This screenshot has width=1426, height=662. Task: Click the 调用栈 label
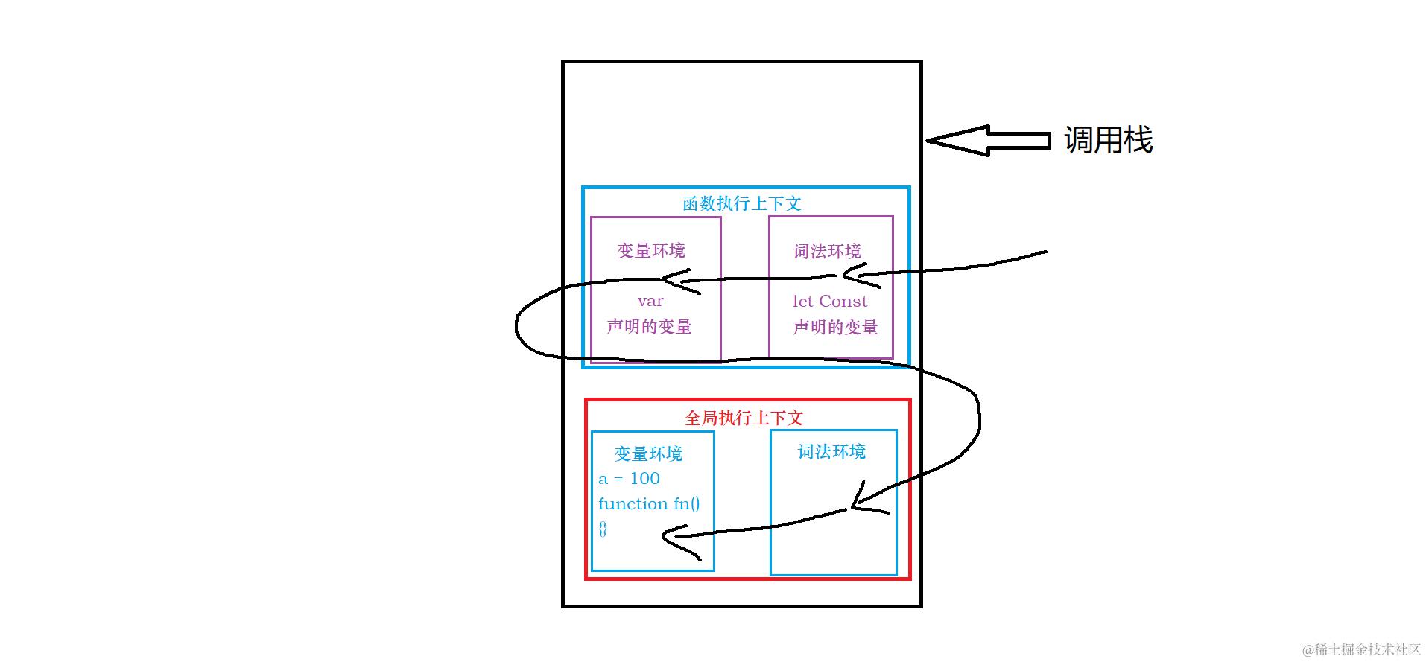pyautogui.click(x=1108, y=140)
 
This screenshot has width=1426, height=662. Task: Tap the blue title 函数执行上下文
pyautogui.click(x=742, y=203)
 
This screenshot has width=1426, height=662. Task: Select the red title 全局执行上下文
pyautogui.click(x=744, y=418)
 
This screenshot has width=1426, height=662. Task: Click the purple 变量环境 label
pyautogui.click(x=651, y=250)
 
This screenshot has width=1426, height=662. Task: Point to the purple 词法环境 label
pyautogui.click(x=827, y=251)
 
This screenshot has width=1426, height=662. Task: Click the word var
pyautogui.click(x=650, y=301)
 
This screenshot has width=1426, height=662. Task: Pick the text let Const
pyautogui.click(x=830, y=301)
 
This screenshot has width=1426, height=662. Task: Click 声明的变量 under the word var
pyautogui.click(x=649, y=326)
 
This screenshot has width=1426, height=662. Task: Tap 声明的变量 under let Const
pyautogui.click(x=835, y=327)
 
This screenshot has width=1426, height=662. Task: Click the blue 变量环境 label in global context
pyautogui.click(x=648, y=453)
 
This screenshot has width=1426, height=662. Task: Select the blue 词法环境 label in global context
pyautogui.click(x=831, y=451)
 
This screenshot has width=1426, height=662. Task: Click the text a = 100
pyautogui.click(x=629, y=478)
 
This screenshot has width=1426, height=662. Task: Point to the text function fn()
pyautogui.click(x=649, y=503)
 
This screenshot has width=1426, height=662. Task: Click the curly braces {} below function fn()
pyautogui.click(x=603, y=529)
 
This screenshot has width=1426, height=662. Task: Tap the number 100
pyautogui.click(x=645, y=478)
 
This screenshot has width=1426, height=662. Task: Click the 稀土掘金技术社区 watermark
pyautogui.click(x=1361, y=649)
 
